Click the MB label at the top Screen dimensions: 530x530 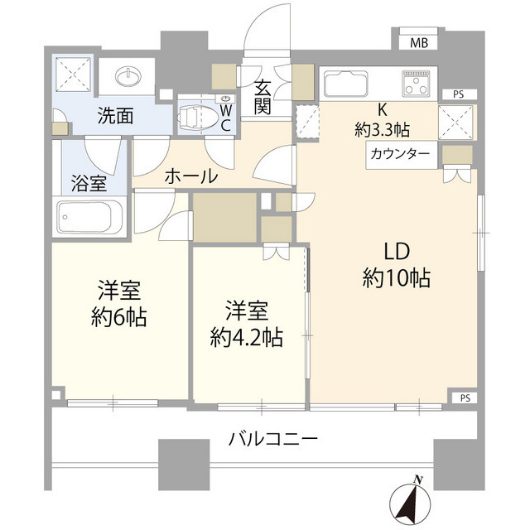click(x=420, y=44)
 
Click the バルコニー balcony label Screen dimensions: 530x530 click(x=272, y=438)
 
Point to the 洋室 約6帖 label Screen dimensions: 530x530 click(x=119, y=303)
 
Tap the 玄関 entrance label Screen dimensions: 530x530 click(x=263, y=96)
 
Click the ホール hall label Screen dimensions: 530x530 click(x=191, y=176)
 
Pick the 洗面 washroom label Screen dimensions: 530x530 click(x=113, y=116)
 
